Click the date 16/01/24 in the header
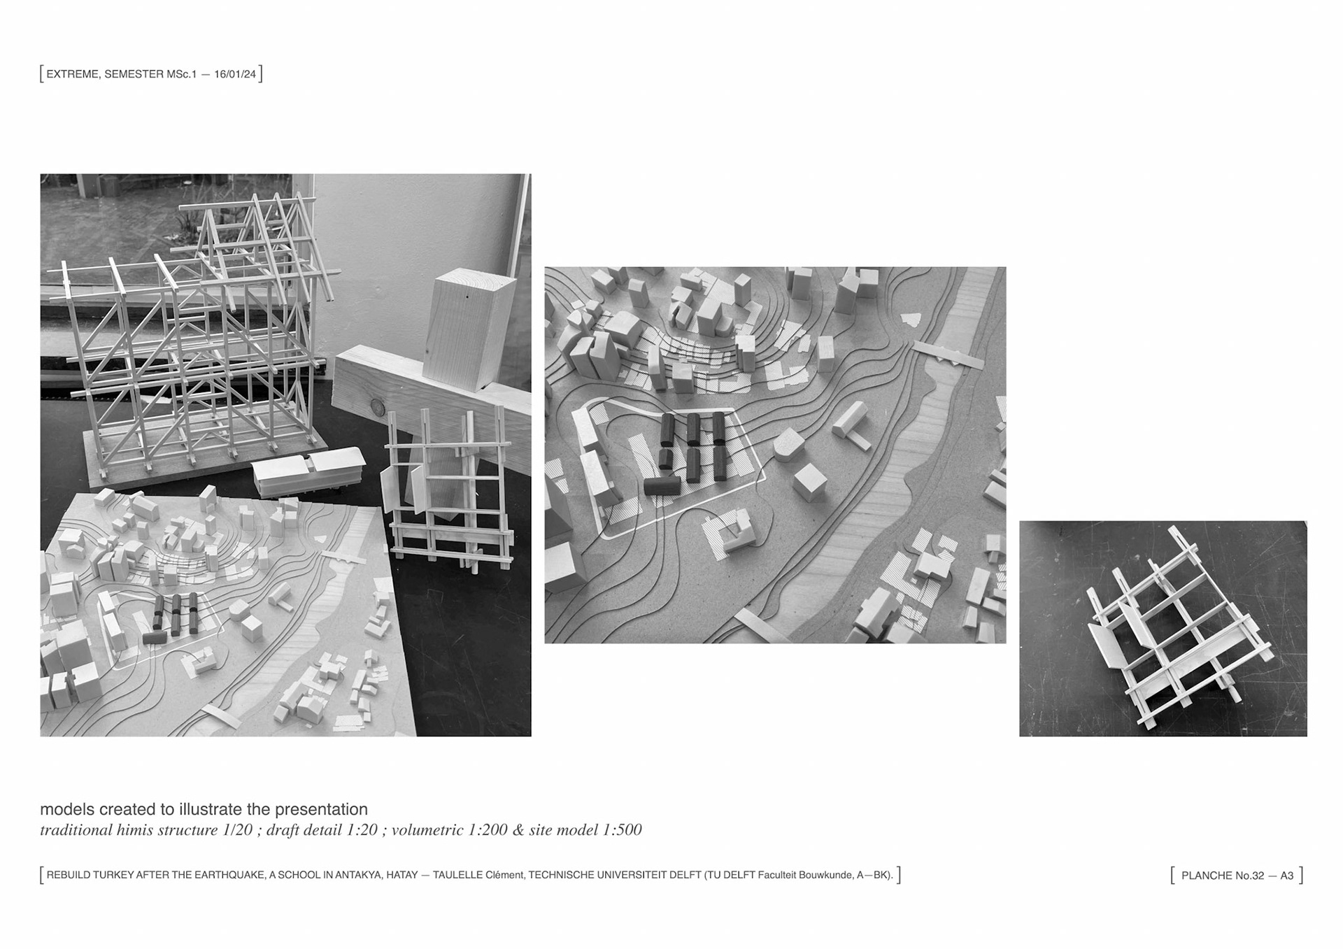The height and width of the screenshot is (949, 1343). [235, 74]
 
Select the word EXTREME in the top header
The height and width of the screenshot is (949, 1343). [72, 74]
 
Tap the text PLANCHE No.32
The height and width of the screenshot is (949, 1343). [1223, 876]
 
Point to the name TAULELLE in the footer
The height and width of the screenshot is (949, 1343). [457, 875]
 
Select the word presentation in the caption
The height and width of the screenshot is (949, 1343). [321, 810]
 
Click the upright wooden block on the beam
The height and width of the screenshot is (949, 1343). [469, 329]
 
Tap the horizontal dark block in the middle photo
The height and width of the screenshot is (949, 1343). [662, 485]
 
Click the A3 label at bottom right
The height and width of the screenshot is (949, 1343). [1287, 876]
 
